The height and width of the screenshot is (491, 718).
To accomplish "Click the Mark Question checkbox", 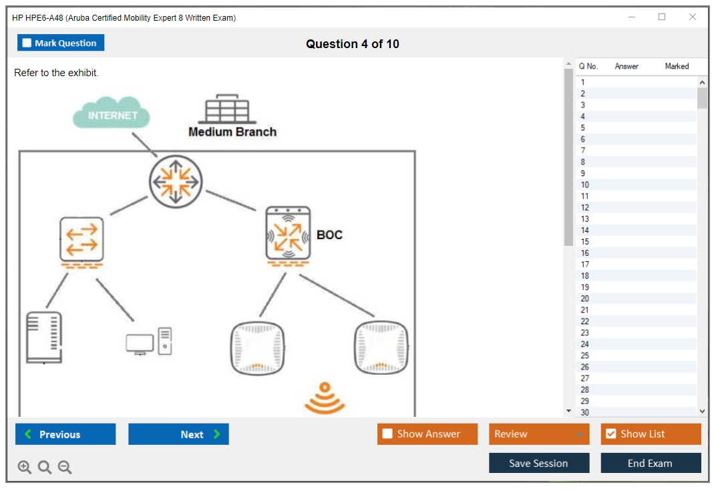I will (x=27, y=43).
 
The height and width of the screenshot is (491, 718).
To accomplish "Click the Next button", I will (x=178, y=434).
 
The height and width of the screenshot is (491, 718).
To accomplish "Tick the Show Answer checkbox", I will (x=387, y=434).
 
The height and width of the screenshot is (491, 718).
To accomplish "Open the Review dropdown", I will (x=539, y=434).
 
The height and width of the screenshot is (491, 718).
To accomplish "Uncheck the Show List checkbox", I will (x=610, y=434).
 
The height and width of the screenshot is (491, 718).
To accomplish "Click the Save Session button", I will (x=538, y=463).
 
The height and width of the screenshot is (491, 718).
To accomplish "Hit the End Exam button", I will (x=650, y=463).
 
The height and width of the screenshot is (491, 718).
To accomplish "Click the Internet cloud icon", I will (x=112, y=114).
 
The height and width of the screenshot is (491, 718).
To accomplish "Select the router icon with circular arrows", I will (x=175, y=180).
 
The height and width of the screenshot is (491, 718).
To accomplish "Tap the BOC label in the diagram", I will (x=329, y=235).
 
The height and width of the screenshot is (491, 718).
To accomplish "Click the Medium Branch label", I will (x=232, y=132).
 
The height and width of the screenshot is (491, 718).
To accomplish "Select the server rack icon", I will (x=44, y=337).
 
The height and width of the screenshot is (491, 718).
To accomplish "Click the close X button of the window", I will (x=693, y=17).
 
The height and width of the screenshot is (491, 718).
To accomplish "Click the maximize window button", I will (x=662, y=17).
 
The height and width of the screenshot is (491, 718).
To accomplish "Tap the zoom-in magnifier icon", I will (x=25, y=468).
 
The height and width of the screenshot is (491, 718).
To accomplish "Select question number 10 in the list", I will (x=585, y=185).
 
